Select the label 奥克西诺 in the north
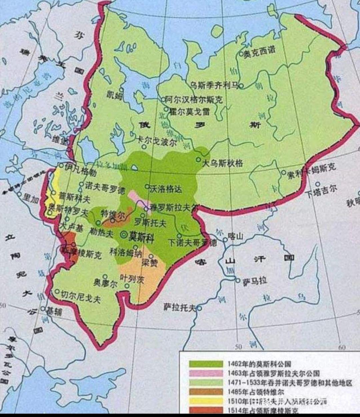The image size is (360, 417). coord(260,52)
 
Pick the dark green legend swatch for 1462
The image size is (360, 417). coord(206,364)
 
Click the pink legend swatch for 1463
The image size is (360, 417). coord(206,373)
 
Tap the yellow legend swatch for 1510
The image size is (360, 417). coord(206,401)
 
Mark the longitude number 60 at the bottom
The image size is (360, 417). coord(341,347)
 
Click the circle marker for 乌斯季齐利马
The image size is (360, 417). coord(241,86)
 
